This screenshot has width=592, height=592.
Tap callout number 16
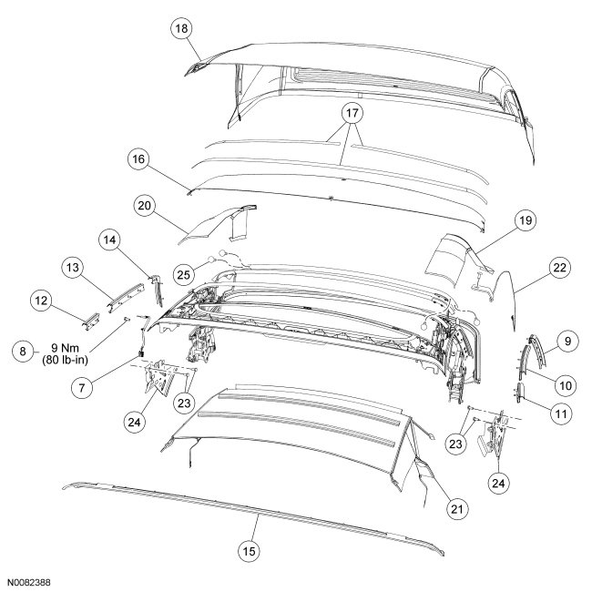click(138, 158)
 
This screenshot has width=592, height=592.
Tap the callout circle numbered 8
click(19, 350)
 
